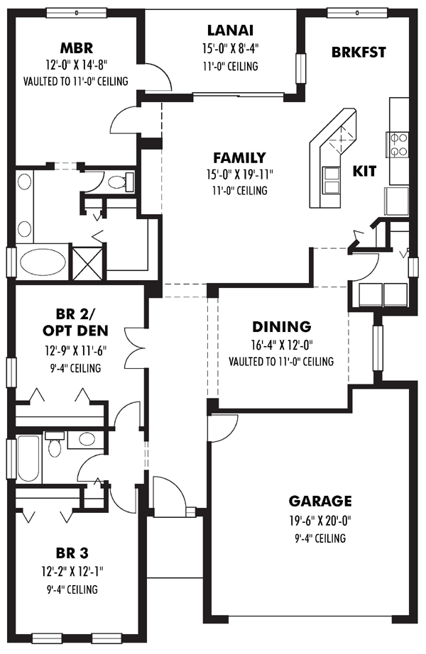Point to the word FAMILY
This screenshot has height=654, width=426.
239,157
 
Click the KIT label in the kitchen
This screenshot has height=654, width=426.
364,171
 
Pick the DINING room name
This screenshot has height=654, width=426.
281,327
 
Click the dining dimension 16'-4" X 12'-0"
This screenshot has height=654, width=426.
281,346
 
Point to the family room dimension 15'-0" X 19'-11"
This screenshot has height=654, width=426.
239,174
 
